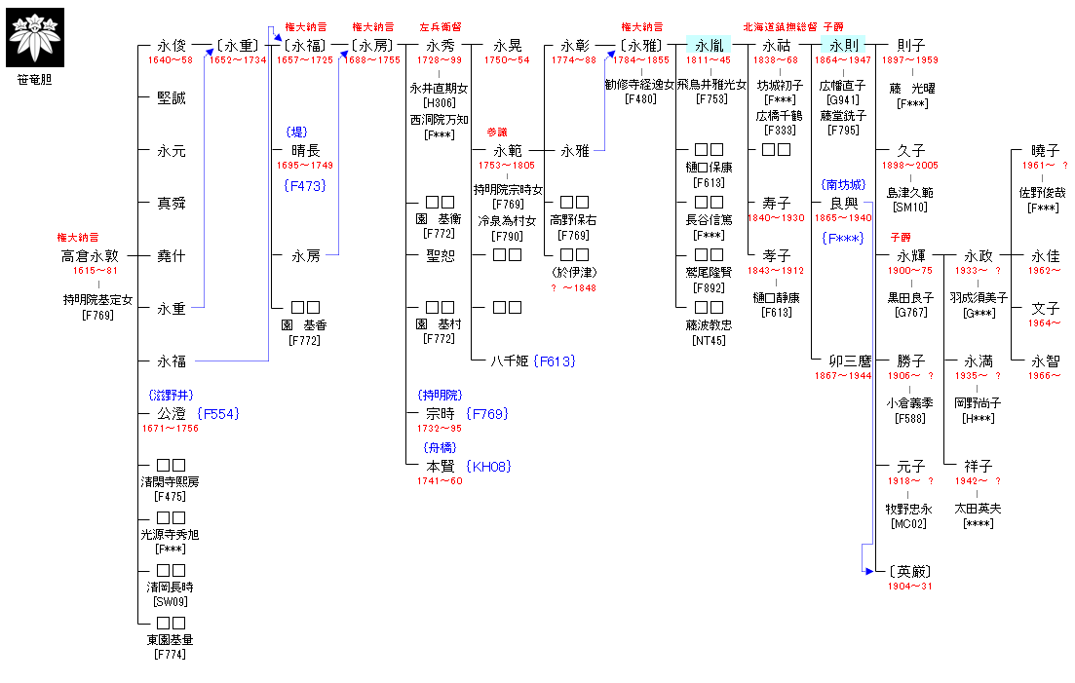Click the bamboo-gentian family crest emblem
[x=35, y=37]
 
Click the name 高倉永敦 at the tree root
[x=90, y=256]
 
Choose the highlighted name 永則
[x=843, y=45]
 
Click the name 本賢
[x=431, y=467]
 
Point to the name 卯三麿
[x=843, y=361]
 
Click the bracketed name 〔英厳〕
[x=910, y=572]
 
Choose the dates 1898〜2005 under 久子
[x=910, y=166]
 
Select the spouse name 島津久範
[x=910, y=193]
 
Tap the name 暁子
[x=1045, y=151]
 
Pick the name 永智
[x=1045, y=361]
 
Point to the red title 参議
[x=497, y=132]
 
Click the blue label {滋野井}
[x=171, y=395]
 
